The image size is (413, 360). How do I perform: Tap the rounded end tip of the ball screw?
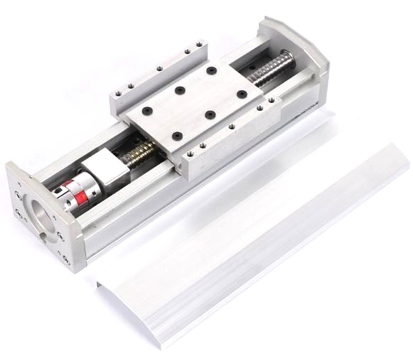coord(289,56)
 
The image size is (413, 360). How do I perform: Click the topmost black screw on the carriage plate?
coord(212,70)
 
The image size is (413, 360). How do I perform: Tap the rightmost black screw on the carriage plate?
coord(242,94)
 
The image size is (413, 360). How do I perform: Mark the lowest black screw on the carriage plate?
coord(177,136)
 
